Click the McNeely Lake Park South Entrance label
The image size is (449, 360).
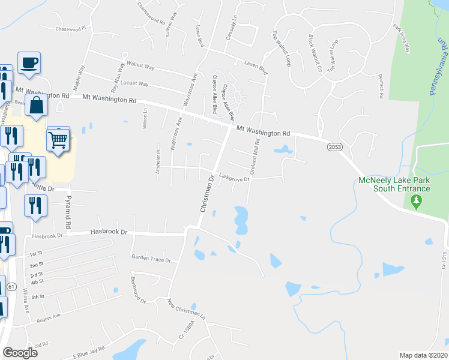point(393,184)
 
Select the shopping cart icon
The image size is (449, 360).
point(58,139)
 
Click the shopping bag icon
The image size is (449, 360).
point(37,105)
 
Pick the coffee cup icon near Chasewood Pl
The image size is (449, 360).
point(29,62)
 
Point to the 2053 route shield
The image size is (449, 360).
point(335,146)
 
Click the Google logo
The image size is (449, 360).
point(20,353)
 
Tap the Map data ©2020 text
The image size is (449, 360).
point(423,355)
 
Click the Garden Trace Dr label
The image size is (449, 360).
point(151,258)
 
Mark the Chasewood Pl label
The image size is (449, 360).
point(71,28)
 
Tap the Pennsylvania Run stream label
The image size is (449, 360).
point(436,67)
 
